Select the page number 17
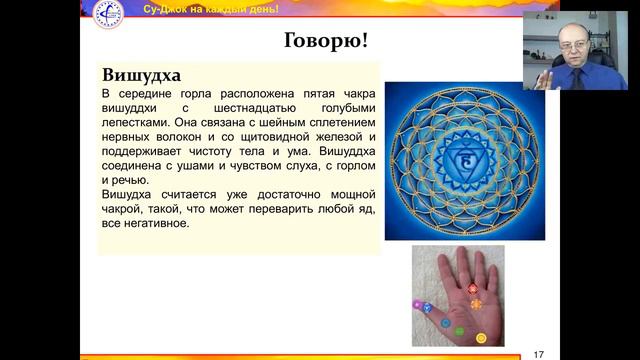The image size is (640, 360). coord(539,353)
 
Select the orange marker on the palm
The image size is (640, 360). coord(476,303)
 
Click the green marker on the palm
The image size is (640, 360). coord(460,331)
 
